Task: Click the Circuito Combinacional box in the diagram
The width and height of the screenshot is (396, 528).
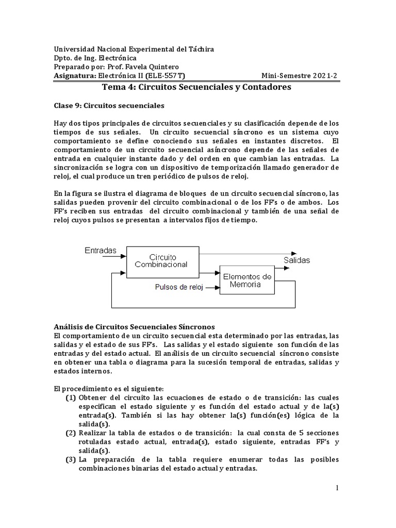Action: click(x=162, y=260)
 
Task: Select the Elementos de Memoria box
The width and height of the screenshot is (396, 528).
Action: click(x=247, y=280)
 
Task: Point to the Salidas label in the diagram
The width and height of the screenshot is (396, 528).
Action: click(x=297, y=260)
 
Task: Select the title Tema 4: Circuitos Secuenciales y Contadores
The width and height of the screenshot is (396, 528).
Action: click(x=197, y=87)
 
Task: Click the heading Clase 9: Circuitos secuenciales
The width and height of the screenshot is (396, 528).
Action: click(x=109, y=106)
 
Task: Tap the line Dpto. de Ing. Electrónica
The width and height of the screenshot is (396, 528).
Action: click(x=95, y=58)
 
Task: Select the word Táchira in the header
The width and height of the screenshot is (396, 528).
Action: click(x=199, y=49)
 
